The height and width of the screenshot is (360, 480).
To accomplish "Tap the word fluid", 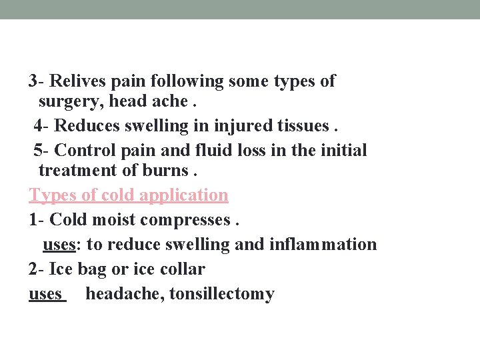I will click(207, 150).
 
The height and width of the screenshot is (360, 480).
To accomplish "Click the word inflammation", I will click(323, 245).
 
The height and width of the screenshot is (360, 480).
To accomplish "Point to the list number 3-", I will click(37, 81).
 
